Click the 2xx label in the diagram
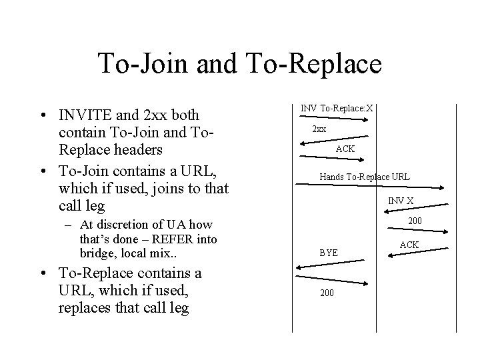(x=319, y=129)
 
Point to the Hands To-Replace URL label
(x=365, y=177)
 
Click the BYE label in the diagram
(x=329, y=253)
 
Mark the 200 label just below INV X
(x=415, y=221)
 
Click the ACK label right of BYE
(x=409, y=245)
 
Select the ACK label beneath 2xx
(x=345, y=149)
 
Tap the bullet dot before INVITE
(x=43, y=115)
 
